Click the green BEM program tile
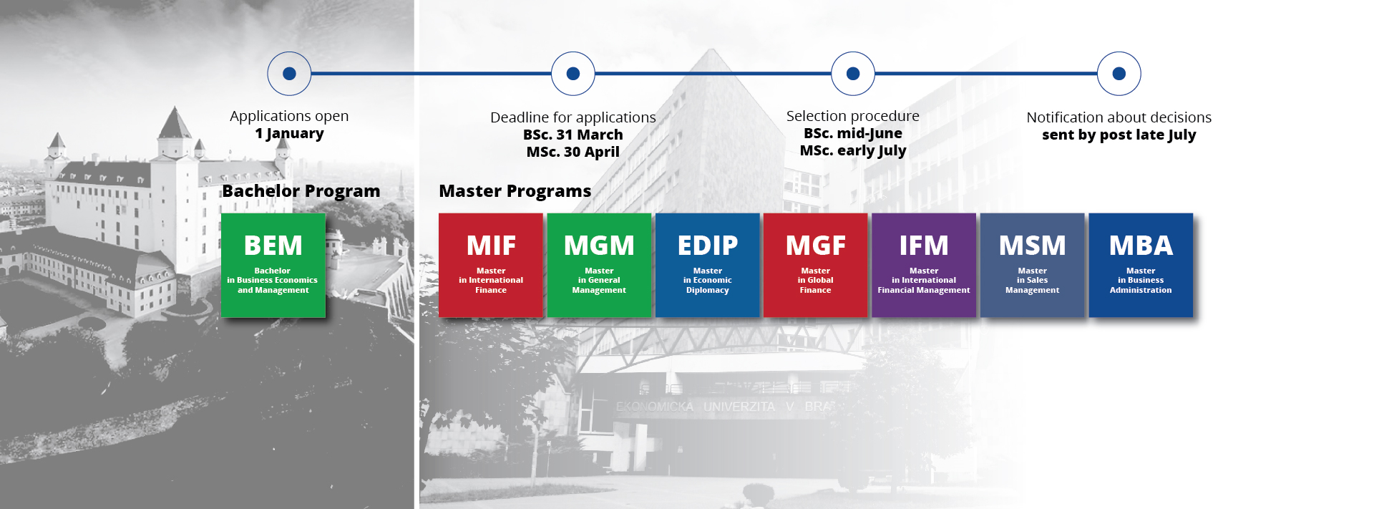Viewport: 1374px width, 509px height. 273,265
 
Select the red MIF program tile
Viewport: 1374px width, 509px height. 491,265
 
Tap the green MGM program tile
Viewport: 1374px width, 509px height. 599,265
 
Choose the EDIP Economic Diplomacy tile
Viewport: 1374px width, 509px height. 708,265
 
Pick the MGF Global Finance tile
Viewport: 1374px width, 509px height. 816,265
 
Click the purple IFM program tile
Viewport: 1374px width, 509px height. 924,265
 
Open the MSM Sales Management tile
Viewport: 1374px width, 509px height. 1032,265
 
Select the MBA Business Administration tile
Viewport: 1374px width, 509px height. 1141,265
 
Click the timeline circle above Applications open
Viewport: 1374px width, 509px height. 289,73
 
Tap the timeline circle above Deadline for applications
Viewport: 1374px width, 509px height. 573,73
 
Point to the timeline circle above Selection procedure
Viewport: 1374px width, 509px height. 853,73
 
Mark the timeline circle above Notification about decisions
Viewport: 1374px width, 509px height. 1119,73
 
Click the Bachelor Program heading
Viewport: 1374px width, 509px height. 301,191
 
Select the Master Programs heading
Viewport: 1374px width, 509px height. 515,191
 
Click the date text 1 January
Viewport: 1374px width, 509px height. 289,134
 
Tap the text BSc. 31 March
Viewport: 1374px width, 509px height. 573,135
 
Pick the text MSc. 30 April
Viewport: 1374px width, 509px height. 573,152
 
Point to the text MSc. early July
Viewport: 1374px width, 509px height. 853,150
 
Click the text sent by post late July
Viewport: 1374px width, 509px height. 1119,135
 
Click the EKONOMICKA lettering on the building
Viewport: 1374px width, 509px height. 655,407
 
